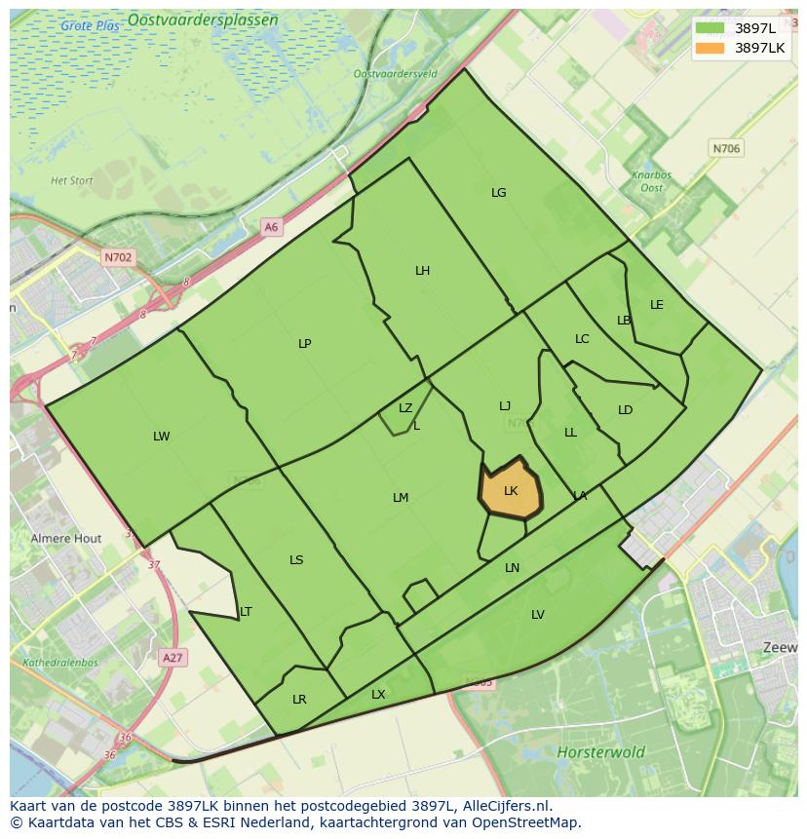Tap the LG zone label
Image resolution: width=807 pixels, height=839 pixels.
498,193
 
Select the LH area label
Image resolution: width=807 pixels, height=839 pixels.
422,271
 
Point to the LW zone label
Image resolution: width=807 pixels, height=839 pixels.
161,437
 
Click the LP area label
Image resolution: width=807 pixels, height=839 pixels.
305,344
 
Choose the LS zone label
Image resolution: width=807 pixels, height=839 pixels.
296,560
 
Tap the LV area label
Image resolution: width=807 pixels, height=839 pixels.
538,615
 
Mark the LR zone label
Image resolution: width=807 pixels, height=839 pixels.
299,700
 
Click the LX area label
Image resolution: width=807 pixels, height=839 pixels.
378,695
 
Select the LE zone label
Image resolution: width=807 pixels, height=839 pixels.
657,305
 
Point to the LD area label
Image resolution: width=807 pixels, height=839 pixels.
626,410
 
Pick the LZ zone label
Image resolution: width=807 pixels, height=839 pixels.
405,408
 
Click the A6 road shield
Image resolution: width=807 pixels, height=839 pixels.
271,227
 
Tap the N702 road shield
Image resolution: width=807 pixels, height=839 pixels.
117,258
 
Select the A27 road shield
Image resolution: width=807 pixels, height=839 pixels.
173,658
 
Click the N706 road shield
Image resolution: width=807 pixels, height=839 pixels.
726,149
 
